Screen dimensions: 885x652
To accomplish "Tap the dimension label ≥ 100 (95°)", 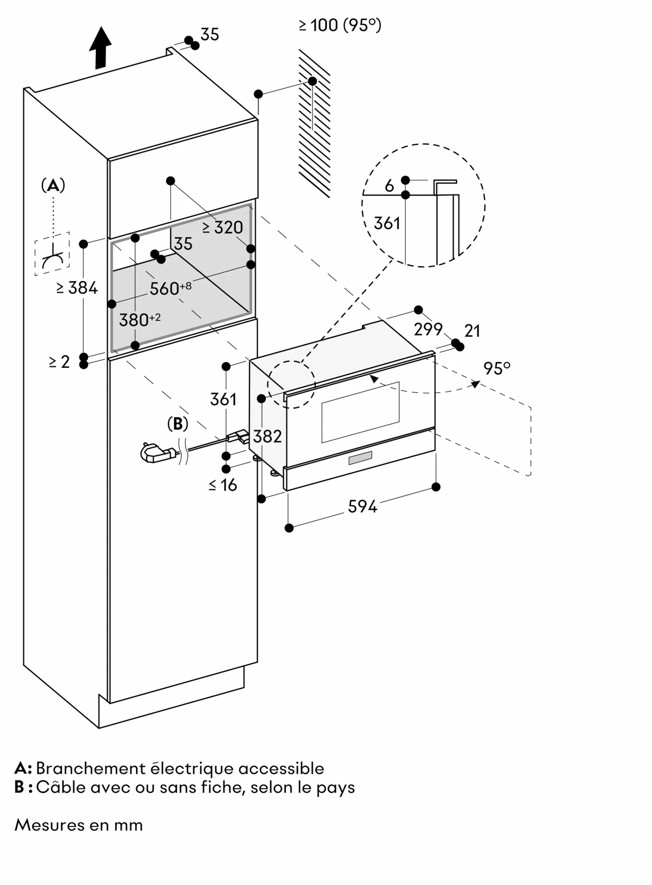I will [x=340, y=25].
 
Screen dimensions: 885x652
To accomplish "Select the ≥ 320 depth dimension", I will [x=223, y=227].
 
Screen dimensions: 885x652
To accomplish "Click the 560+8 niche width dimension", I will [x=170, y=289].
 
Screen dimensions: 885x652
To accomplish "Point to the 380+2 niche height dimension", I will [x=139, y=319].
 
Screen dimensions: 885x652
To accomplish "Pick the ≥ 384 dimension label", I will [x=77, y=288].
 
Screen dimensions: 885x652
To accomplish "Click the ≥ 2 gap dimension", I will [x=60, y=362].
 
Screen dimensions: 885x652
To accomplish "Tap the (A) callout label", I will [x=53, y=185].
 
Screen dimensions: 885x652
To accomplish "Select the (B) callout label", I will [x=178, y=423].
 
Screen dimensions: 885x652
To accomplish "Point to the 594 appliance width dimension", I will [x=362, y=507].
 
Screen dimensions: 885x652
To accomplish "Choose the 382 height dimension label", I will [x=268, y=437].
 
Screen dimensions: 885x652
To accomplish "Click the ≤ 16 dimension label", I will [x=223, y=485].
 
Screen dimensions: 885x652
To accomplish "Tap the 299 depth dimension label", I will [x=428, y=329].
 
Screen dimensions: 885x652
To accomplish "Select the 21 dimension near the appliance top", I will [x=472, y=331].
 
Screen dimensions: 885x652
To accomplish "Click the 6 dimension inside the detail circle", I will [x=389, y=186].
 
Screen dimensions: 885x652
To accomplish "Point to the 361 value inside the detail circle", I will [x=387, y=223].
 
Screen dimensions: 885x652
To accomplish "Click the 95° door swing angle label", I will [x=497, y=368].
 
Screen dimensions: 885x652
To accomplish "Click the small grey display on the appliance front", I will [x=361, y=458].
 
